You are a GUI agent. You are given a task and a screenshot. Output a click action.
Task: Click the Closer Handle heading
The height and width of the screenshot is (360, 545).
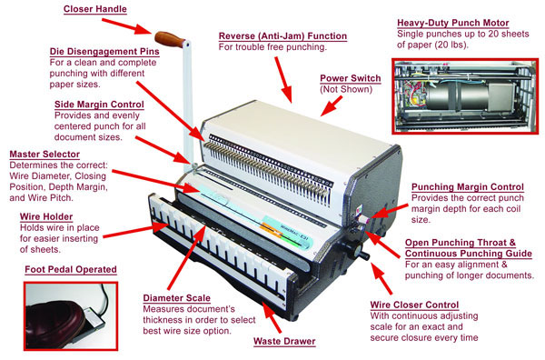tap(94, 9)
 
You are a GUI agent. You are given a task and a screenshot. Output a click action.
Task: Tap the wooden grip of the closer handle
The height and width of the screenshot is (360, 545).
tap(169, 39)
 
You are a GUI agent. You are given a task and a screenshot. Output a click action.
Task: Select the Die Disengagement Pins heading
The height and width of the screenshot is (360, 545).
tap(104, 52)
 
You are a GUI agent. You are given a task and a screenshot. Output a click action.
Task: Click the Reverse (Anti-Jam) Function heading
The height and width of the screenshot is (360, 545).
tap(282, 35)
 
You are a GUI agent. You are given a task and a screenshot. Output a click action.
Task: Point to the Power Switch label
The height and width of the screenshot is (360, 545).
tap(351, 78)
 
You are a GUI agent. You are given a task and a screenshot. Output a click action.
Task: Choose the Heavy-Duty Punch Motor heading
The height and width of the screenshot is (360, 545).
tap(453, 23)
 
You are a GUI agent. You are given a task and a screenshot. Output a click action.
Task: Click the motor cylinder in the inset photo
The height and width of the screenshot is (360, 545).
tap(456, 95)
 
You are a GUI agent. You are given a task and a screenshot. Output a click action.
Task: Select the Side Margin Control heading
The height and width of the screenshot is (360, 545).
tap(99, 105)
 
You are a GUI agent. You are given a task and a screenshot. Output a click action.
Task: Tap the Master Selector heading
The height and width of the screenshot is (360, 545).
tap(45, 154)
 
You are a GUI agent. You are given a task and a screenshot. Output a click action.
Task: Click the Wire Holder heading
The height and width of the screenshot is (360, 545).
tap(46, 216)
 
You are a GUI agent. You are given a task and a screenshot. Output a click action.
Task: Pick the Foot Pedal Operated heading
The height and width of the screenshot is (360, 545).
tap(71, 270)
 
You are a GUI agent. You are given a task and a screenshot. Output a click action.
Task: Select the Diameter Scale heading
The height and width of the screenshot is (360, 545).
tap(176, 298)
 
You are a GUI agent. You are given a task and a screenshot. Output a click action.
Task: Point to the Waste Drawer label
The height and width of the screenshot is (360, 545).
tap(284, 341)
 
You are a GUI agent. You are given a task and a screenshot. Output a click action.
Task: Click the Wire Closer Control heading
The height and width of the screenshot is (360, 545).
tap(414, 305)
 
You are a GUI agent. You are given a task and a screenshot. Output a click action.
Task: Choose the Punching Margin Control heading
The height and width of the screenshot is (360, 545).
tap(468, 186)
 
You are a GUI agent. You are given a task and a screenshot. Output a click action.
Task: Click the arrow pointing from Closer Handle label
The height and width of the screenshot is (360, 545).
tap(127, 26)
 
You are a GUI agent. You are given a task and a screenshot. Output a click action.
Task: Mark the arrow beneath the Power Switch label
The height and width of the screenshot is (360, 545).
tap(332, 105)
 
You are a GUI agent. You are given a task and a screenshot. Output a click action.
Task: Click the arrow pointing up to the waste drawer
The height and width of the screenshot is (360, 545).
tap(272, 317)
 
